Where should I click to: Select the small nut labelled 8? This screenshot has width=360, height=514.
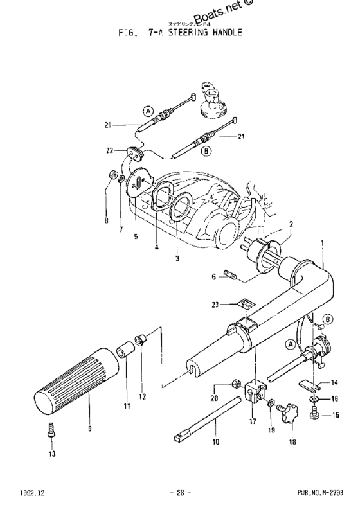tap(111, 174)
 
